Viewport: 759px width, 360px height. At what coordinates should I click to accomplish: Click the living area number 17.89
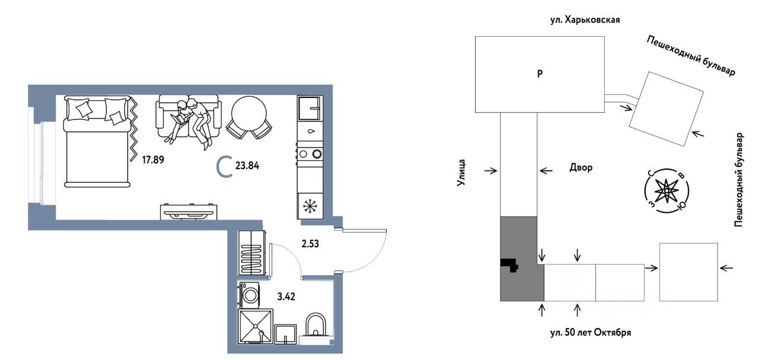(153, 160)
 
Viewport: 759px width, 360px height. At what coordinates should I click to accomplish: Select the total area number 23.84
(247, 165)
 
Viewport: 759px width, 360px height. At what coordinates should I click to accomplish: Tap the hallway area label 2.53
(310, 244)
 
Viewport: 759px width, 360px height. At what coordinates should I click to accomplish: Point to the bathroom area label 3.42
(286, 297)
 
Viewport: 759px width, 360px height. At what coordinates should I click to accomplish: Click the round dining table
(248, 113)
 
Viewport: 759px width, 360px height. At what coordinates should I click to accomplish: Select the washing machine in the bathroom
(249, 295)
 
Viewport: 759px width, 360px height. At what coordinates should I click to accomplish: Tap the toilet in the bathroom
(315, 326)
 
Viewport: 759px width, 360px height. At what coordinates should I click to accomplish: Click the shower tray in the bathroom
(256, 326)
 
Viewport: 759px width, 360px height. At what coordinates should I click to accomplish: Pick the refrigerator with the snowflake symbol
(310, 206)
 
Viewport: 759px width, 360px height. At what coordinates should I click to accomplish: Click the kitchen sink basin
(310, 108)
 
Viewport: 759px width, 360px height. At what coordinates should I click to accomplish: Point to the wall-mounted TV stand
(189, 212)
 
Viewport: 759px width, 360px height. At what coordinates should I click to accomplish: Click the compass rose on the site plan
(666, 191)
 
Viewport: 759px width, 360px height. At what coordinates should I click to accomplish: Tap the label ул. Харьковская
(585, 20)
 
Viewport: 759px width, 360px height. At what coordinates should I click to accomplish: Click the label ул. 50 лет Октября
(591, 333)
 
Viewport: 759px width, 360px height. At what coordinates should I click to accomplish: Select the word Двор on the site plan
(581, 168)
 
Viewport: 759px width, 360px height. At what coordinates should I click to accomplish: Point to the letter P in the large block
(540, 74)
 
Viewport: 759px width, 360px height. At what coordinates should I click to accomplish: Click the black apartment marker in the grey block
(510, 265)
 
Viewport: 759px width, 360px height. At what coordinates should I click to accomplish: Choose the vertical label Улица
(461, 173)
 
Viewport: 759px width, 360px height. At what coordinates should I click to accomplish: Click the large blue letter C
(224, 166)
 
